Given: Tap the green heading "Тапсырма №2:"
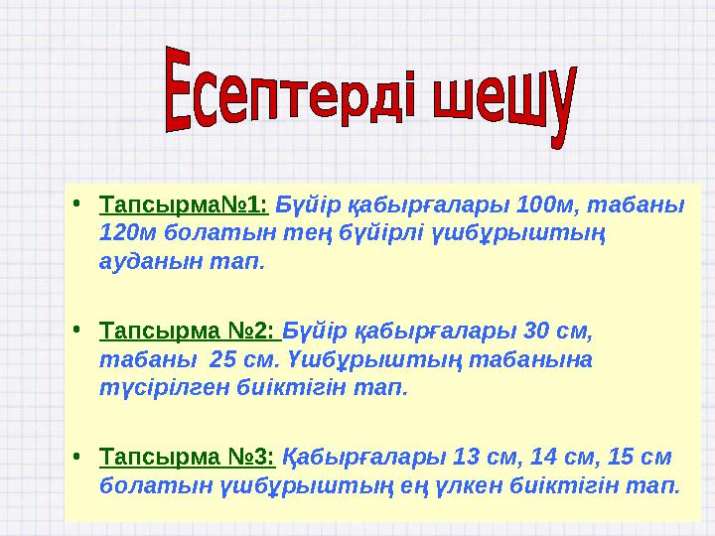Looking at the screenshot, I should coord(189,331).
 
